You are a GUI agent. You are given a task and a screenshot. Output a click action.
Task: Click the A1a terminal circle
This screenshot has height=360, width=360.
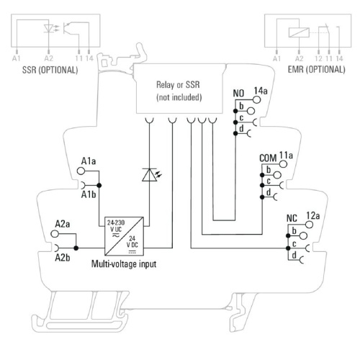[81, 171]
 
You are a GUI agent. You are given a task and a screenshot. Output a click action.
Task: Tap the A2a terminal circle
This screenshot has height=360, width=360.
[55, 234]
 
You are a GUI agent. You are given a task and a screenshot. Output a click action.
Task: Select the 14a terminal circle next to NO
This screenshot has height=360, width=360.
[257, 99]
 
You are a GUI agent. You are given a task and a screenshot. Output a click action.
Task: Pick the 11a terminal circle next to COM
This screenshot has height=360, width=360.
[284, 164]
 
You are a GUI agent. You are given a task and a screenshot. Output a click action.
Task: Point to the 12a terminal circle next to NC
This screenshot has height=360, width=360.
[309, 225]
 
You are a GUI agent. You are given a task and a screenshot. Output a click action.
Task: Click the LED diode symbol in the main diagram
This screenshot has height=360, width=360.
[149, 175]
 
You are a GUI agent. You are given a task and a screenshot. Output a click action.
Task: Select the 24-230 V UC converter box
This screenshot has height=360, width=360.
[125, 236]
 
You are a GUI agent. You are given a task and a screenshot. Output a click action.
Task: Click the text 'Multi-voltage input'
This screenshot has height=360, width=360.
[124, 264]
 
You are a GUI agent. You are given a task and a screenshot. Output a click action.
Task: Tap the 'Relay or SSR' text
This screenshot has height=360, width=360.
[178, 85]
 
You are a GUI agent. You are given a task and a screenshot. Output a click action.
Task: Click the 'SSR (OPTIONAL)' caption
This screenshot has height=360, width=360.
[50, 70]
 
